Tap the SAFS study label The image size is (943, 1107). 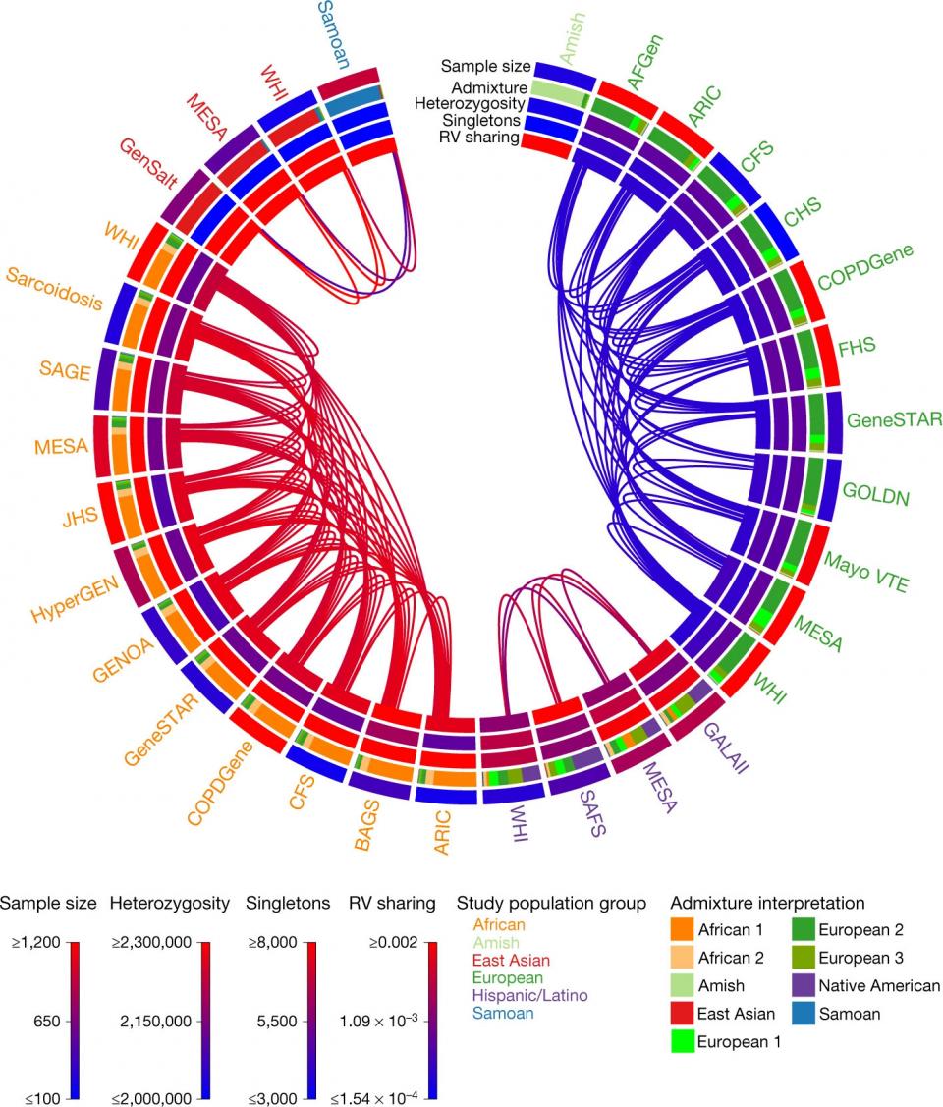point(594,813)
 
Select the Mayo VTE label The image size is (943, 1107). point(867,574)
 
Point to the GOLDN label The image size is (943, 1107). point(875,493)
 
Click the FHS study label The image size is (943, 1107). point(858,345)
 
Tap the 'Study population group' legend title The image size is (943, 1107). point(552,903)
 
